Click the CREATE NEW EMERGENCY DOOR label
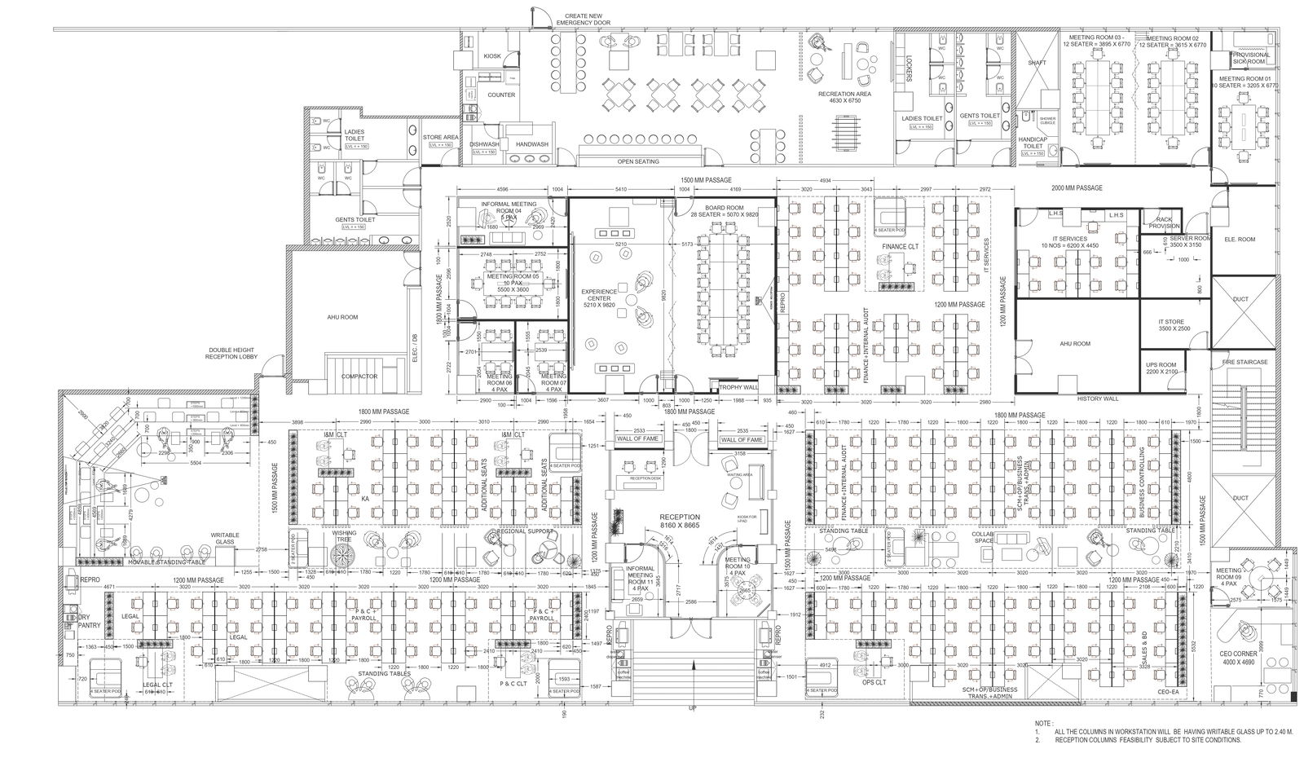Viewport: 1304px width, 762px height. pos(584,20)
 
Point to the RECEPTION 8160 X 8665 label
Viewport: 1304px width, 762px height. pos(680,522)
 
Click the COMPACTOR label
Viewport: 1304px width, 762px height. pos(359,377)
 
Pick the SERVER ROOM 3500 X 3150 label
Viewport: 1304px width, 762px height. pos(1186,241)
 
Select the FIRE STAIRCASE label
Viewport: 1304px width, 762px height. pos(1244,361)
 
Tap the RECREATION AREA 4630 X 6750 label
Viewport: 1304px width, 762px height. pos(844,98)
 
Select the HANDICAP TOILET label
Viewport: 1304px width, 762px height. pos(1033,144)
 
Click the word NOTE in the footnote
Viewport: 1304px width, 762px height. pos(1042,723)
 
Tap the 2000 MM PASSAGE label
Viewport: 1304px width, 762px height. pos(1077,188)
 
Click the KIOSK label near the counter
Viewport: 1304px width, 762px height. pos(492,56)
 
